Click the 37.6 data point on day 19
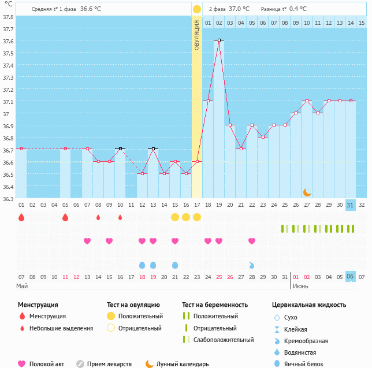pos(219,40)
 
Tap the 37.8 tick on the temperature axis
pos(9,17)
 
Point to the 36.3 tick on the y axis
pos(9,199)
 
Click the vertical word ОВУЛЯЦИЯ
pos(197,35)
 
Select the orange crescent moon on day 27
pos(307,192)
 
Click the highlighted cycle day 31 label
pos(351,205)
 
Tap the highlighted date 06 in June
pos(351,277)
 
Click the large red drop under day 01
pos(21,217)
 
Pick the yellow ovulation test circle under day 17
pos(197,217)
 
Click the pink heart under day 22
pos(252,241)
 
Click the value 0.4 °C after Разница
pos(298,9)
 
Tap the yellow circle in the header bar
pos(197,9)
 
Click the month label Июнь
pos(300,286)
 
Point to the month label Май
pos(22,286)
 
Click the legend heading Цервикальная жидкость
pos(309,304)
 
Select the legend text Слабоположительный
pos(224,340)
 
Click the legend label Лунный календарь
pos(183,364)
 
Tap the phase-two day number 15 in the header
pos(362,23)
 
